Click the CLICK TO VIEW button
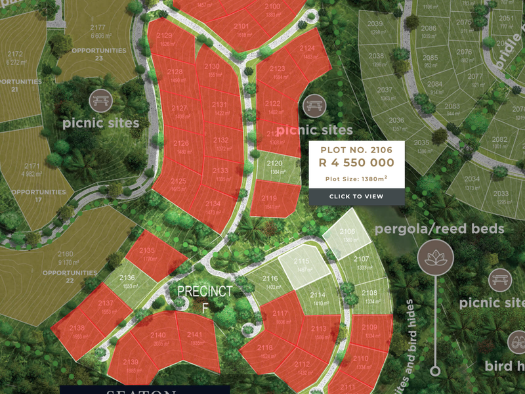point(356,196)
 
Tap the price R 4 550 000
point(356,163)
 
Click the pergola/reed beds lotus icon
point(435,256)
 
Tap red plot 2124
point(307,53)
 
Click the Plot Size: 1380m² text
point(356,179)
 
